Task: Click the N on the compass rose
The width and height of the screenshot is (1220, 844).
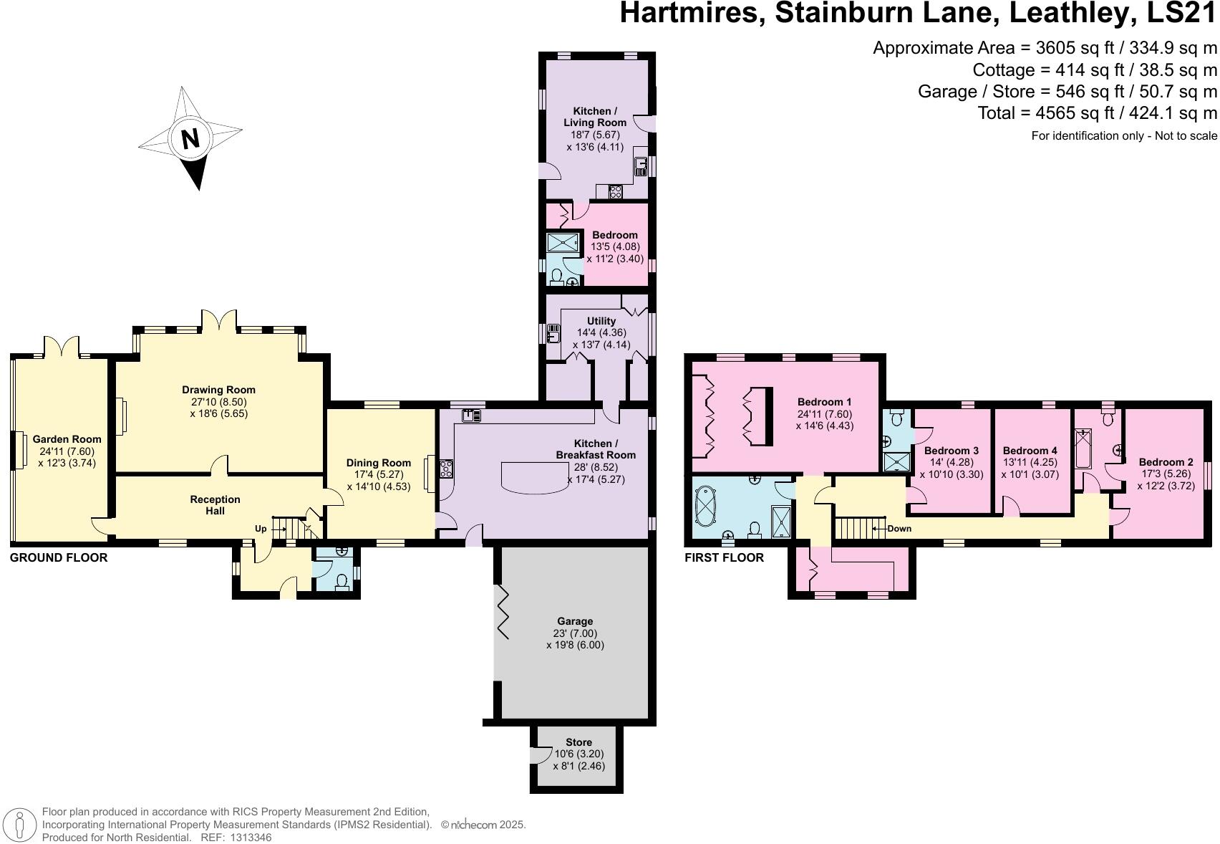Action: (x=190, y=138)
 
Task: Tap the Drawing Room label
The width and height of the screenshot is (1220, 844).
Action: (x=218, y=390)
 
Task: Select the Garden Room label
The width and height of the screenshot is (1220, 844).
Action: (x=67, y=439)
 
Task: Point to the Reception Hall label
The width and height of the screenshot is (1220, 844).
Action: (x=215, y=504)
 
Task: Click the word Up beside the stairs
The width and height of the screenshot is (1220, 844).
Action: (x=261, y=529)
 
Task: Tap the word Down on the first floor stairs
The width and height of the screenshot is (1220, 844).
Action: (x=899, y=529)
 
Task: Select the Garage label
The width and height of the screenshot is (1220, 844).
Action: (x=575, y=621)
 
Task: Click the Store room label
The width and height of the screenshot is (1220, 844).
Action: (x=578, y=742)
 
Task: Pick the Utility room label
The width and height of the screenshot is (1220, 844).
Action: (x=601, y=321)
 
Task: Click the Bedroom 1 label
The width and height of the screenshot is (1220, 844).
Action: (x=824, y=402)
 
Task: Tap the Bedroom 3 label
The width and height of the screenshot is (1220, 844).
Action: (x=951, y=451)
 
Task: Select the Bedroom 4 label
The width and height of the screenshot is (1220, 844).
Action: (x=1030, y=451)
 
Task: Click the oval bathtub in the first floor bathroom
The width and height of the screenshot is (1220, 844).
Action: (x=707, y=507)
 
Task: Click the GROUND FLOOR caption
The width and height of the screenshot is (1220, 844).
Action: (x=59, y=557)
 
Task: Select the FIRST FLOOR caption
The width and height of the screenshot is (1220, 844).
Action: (x=724, y=557)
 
